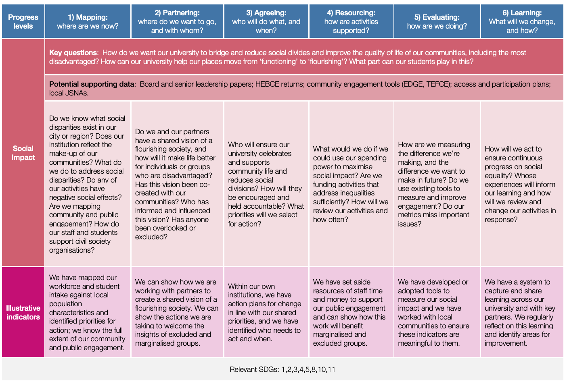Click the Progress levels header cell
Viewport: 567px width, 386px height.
tap(23, 22)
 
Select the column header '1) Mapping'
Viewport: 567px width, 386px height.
tap(88, 22)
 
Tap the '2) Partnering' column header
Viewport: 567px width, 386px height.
tap(177, 22)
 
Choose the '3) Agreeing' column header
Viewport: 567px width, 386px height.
tap(266, 22)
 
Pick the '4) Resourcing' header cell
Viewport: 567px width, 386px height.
tap(351, 22)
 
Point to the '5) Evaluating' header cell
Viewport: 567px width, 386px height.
tap(437, 22)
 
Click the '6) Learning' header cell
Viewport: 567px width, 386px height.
tap(522, 22)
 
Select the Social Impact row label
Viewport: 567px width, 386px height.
tap(23, 153)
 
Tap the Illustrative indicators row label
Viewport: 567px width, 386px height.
tap(23, 313)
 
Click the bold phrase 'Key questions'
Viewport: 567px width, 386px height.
tap(73, 53)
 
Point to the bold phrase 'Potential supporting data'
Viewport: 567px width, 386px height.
tap(92, 84)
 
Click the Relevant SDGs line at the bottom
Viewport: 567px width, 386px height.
tap(282, 369)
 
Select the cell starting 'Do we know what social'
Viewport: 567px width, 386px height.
tap(87, 184)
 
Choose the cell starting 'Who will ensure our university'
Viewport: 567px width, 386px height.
tap(266, 184)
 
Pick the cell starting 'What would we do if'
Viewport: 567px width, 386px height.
tap(351, 184)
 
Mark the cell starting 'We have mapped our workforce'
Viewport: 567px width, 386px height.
tap(87, 313)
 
